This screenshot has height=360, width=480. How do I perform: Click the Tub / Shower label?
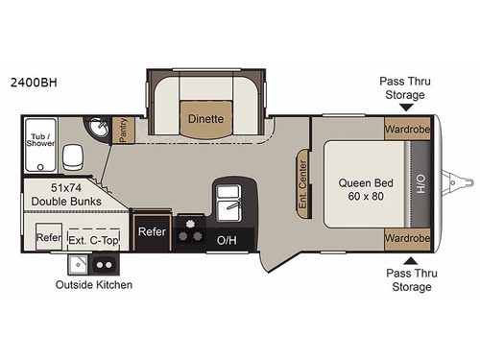[41, 140]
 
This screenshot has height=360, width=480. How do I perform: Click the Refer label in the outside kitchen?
[49, 236]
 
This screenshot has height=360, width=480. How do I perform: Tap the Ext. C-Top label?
[96, 237]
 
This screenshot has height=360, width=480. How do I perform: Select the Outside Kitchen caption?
[93, 284]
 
